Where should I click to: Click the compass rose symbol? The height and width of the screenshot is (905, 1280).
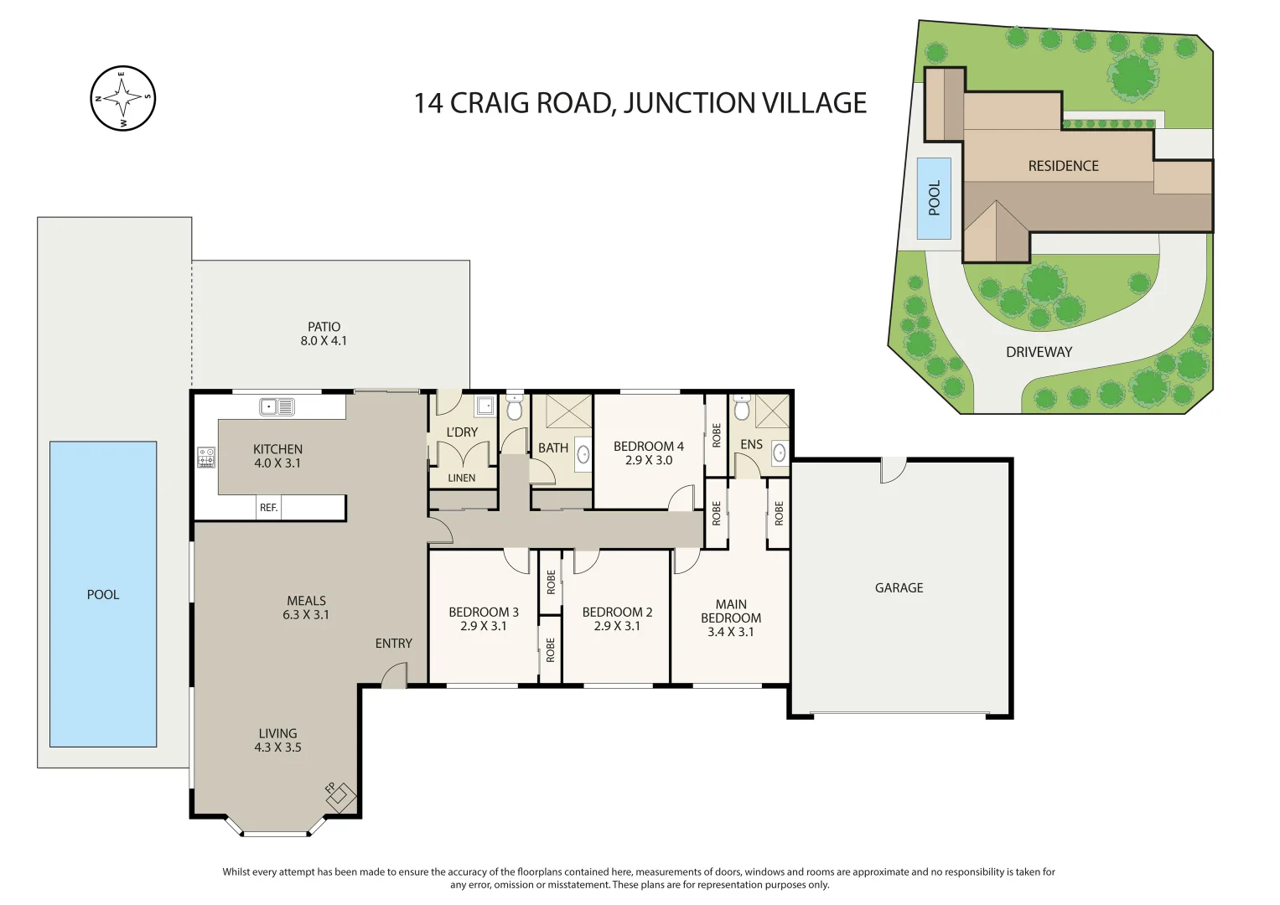coord(123,99)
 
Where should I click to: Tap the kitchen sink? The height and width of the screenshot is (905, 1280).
coord(277,407)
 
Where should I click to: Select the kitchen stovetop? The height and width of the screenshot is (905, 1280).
coord(206,458)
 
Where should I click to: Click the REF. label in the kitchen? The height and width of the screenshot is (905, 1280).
coord(268,508)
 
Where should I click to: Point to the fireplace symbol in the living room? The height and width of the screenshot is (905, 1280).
coord(341,796)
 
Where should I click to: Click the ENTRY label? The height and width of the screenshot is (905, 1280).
coord(393,644)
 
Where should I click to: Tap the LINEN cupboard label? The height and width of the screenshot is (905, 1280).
coord(461,478)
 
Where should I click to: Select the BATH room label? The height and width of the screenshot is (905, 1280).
coord(552,448)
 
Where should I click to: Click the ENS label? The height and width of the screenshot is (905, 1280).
coord(751,445)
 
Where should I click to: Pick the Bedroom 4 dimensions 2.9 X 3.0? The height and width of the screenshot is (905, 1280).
coord(648,461)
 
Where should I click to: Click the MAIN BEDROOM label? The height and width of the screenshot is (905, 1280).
coord(731,611)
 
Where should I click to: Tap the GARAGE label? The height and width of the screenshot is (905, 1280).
coord(899,588)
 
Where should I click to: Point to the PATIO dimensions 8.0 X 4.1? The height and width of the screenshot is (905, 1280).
coord(324,341)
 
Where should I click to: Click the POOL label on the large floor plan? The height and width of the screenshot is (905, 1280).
coord(103,595)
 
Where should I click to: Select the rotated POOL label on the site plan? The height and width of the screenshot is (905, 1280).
coord(934,199)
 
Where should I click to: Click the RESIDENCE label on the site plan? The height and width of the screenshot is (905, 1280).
coord(1063,166)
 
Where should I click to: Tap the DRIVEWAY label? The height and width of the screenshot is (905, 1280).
coord(1039,353)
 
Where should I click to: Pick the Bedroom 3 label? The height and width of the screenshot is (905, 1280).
coord(483,613)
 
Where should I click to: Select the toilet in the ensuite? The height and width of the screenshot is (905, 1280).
coord(741,409)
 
